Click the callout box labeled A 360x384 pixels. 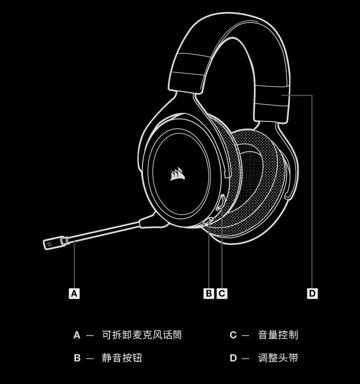click(74, 293)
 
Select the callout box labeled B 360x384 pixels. click(209, 293)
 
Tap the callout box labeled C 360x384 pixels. click(222, 293)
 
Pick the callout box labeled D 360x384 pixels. click(312, 293)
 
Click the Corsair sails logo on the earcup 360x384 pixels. click(177, 174)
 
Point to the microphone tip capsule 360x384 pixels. click(52, 243)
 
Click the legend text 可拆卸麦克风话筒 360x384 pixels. click(142, 335)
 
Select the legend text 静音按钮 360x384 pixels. click(122, 358)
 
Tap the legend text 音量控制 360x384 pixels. click(278, 335)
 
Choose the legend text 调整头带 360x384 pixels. click(278, 358)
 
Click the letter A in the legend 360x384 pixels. click(77, 335)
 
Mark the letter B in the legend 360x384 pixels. click(77, 358)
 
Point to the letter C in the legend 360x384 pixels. click(233, 335)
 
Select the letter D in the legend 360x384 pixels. click(233, 358)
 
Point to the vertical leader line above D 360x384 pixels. click(312, 192)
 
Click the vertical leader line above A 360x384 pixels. click(74, 264)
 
